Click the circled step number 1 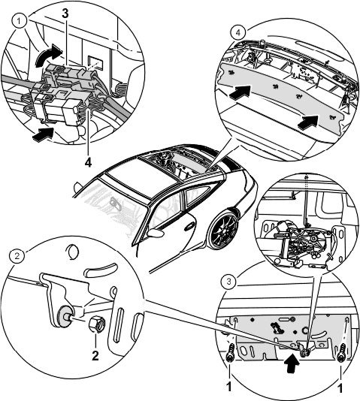[20, 22]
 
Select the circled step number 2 [17, 256]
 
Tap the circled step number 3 [229, 282]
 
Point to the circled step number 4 [238, 33]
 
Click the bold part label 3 [65, 14]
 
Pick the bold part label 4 [88, 162]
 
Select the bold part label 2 [95, 355]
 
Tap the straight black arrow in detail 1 [43, 134]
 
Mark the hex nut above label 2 [96, 324]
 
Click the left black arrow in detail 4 [239, 92]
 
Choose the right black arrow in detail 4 [307, 122]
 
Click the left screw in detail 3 [230, 353]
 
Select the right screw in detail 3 [341, 353]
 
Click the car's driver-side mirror [155, 234]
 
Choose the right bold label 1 [340, 388]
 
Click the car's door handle [189, 227]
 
